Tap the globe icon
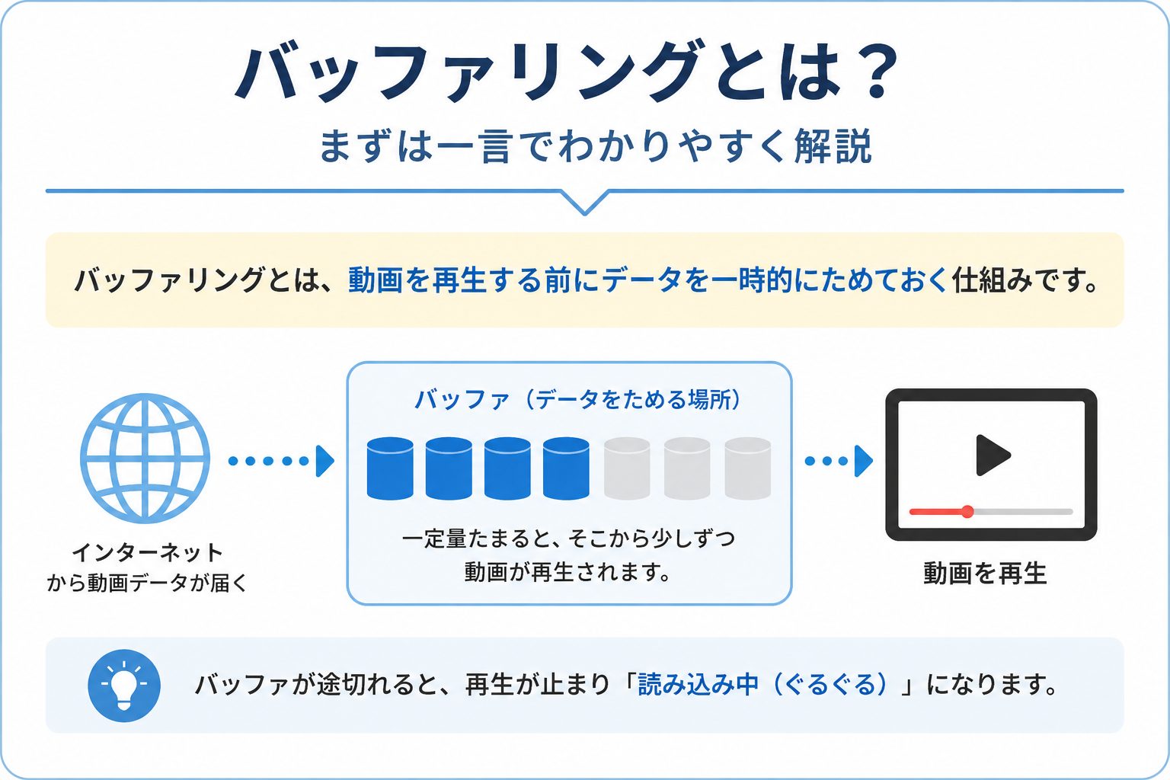pyautogui.click(x=145, y=459)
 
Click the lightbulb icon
pyautogui.click(x=124, y=686)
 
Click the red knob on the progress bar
pyautogui.click(x=967, y=511)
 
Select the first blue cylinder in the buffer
pyautogui.click(x=390, y=468)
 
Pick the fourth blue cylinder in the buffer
pyautogui.click(x=566, y=468)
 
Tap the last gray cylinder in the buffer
pyautogui.click(x=748, y=468)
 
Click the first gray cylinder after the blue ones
pyautogui.click(x=627, y=468)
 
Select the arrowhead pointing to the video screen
pyautogui.click(x=863, y=461)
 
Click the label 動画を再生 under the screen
pyautogui.click(x=985, y=574)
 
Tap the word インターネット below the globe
pyautogui.click(x=147, y=552)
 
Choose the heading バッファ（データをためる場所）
pyautogui.click(x=577, y=400)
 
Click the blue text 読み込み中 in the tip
pyautogui.click(x=698, y=684)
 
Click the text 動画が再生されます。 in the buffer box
pyautogui.click(x=567, y=573)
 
